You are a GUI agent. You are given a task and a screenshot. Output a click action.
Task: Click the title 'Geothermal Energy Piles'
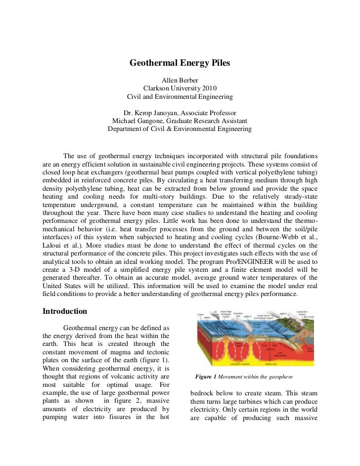(x=180, y=63)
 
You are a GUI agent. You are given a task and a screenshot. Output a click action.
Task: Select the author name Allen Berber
(x=180, y=80)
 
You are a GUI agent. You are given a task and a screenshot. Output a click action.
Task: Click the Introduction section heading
(x=65, y=311)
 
